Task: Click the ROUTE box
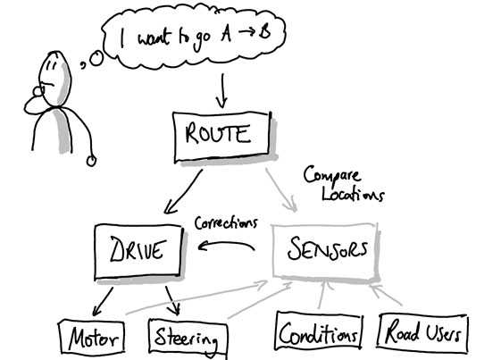(x=221, y=136)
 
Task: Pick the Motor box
(x=92, y=339)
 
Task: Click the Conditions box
(x=318, y=332)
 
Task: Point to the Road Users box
(x=423, y=333)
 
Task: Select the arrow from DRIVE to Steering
(x=171, y=300)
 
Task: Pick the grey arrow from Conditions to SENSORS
(x=322, y=294)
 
